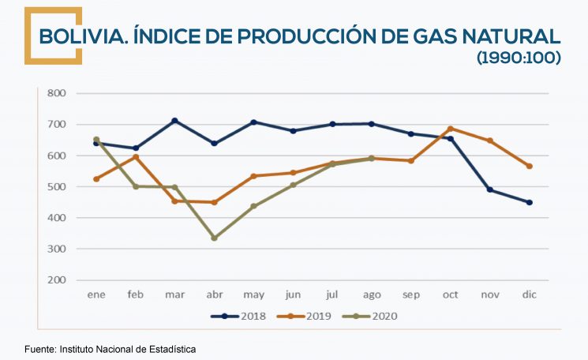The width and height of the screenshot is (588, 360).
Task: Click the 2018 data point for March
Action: pyautogui.click(x=174, y=121)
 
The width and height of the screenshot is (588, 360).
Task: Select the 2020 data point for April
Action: pyautogui.click(x=214, y=238)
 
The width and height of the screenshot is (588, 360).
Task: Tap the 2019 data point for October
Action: pyautogui.click(x=450, y=129)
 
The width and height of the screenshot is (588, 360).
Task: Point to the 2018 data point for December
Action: pyautogui.click(x=530, y=202)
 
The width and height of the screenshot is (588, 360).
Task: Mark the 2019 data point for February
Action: pyautogui.click(x=135, y=157)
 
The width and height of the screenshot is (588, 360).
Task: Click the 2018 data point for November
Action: pyautogui.click(x=489, y=189)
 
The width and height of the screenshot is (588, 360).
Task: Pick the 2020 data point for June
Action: pyautogui.click(x=293, y=186)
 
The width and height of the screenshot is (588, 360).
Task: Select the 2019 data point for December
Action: pyautogui.click(x=530, y=166)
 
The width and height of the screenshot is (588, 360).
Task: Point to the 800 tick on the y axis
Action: pyautogui.click(x=56, y=93)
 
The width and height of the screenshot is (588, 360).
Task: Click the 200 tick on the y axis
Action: pyautogui.click(x=56, y=280)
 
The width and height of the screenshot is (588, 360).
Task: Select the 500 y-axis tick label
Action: pyautogui.click(x=56, y=187)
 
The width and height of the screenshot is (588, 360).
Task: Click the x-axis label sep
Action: pyautogui.click(x=410, y=295)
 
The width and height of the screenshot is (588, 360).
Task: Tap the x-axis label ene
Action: pyautogui.click(x=96, y=295)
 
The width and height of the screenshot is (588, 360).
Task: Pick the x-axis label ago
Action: pyautogui.click(x=371, y=295)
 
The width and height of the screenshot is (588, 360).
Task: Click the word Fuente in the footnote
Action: pyautogui.click(x=39, y=348)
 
